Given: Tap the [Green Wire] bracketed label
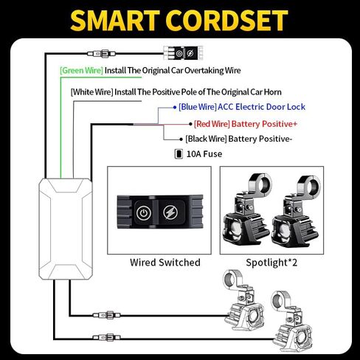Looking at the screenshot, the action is click(81, 71).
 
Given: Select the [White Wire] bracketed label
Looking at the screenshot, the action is click(92, 92).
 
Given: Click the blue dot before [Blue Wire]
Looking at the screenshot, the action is click(175, 108).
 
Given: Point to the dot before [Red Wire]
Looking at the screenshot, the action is click(190, 125).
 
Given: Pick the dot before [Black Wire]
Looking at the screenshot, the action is click(181, 139).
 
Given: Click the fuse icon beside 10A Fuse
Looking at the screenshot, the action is click(179, 154).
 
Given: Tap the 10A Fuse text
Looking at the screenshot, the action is click(204, 154).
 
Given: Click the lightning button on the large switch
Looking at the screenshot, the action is click(170, 212).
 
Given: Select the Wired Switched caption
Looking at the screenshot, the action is click(165, 263).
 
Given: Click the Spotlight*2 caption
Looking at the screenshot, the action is click(271, 263).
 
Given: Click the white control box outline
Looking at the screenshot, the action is click(39, 229).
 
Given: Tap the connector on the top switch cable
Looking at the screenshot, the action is click(101, 53).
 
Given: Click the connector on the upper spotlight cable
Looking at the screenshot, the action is click(107, 315).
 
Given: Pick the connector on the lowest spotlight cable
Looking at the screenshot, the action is click(107, 337).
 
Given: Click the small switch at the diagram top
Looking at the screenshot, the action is click(184, 53).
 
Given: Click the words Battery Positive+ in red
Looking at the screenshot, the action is click(264, 124).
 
